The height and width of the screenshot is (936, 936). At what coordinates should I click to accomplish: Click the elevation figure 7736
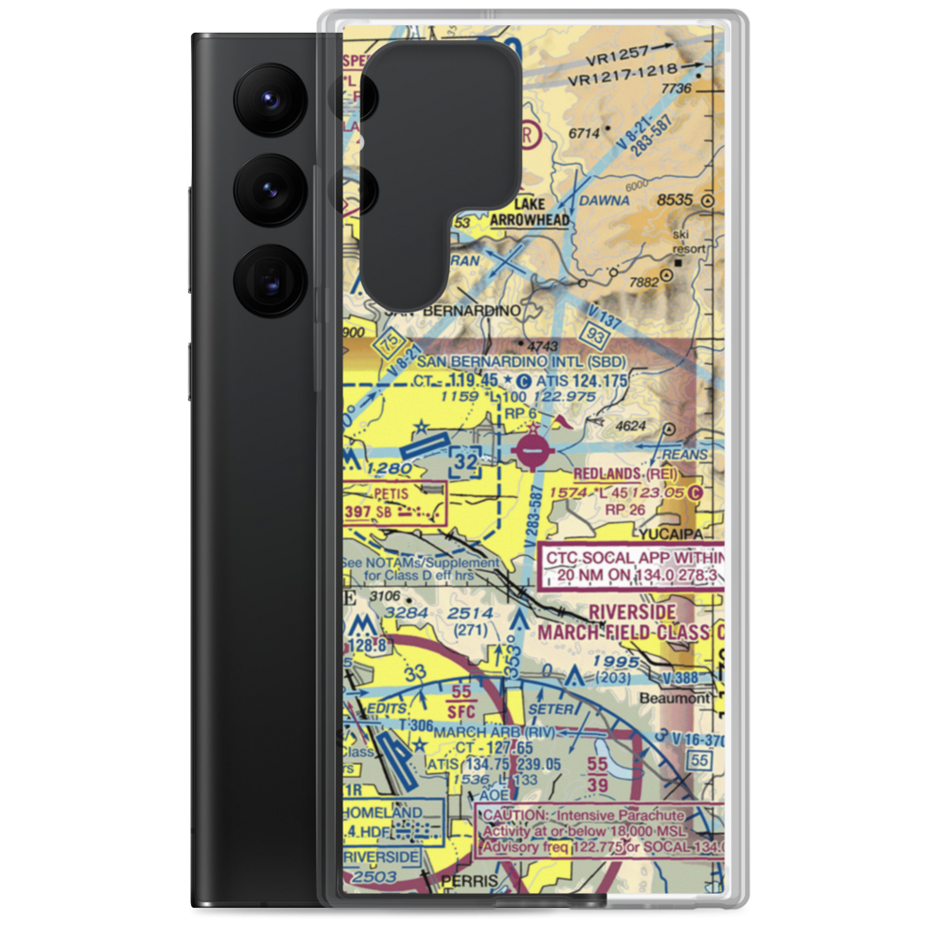676,88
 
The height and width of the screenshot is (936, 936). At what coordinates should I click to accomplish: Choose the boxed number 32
465,461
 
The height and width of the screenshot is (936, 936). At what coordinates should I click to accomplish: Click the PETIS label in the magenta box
393,490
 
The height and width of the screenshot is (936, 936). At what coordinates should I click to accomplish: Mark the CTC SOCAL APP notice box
633,567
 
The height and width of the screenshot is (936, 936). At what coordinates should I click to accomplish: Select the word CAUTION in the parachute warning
509,816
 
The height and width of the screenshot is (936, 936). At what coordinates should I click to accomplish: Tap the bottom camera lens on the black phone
272,280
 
